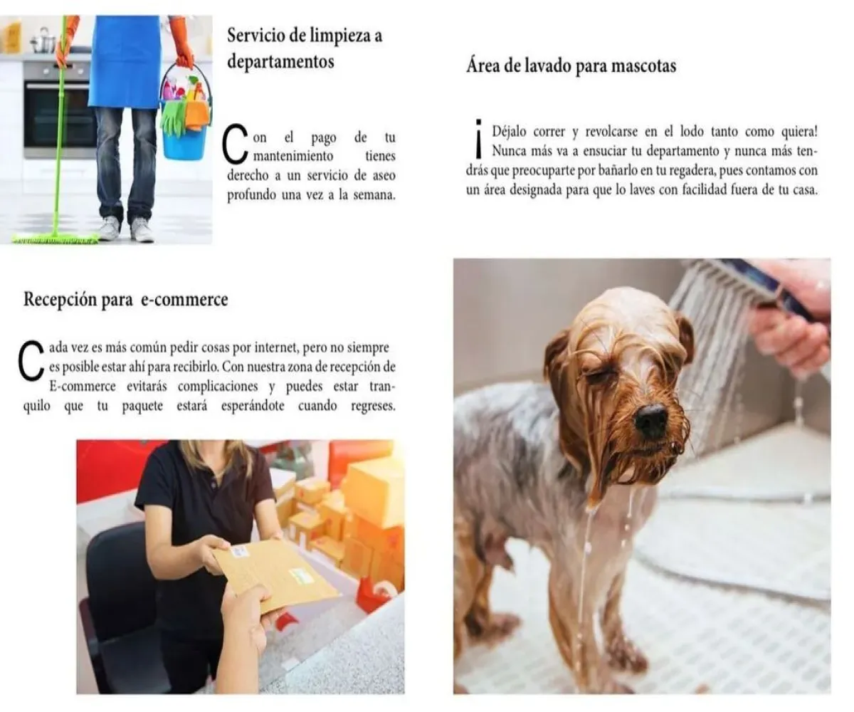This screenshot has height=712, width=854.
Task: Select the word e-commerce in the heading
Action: coord(184,300)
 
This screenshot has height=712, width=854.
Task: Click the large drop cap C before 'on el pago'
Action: coord(235,144)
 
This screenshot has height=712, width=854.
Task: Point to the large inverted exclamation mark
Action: coord(478,138)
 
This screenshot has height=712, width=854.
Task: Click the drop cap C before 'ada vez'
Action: coord(31,360)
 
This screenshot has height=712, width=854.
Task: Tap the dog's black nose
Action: coord(652,421)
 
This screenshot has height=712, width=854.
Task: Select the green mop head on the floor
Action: coord(56,238)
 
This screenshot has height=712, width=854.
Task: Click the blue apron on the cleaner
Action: coord(125,61)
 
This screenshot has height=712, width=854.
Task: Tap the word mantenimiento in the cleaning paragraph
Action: coord(293,156)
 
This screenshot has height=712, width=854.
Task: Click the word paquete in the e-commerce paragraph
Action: coord(142,407)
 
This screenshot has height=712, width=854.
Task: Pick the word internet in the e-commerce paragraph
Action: coord(276,347)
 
